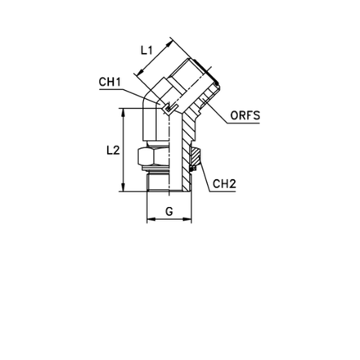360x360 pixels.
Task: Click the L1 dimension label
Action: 146,50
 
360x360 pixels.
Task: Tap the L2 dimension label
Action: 113,150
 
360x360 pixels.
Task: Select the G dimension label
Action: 169,211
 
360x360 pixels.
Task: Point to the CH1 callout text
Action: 110,82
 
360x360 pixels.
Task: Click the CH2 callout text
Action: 224,184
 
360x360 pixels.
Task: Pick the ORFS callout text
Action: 245,115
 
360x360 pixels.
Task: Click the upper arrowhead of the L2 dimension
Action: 124,112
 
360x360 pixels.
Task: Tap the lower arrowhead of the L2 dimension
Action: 124,187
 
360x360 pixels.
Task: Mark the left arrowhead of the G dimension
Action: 151,218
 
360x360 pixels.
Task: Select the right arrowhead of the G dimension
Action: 187,218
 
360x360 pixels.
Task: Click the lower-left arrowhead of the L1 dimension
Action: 140,71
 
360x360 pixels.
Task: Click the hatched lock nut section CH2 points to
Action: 196,156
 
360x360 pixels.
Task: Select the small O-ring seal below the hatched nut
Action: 192,169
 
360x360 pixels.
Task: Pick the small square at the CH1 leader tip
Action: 168,108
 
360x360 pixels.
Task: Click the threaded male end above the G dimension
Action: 158,182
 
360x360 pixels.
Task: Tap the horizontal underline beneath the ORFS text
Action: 244,124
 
